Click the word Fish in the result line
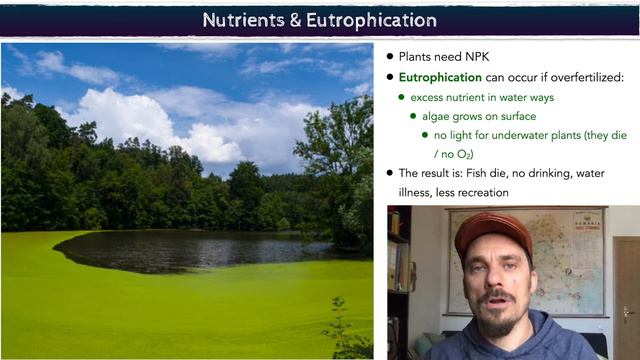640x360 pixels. [474, 173]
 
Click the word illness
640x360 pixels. [419, 192]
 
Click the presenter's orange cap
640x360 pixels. [494, 232]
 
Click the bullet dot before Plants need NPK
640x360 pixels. [390, 57]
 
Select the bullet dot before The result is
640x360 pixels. [390, 173]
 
